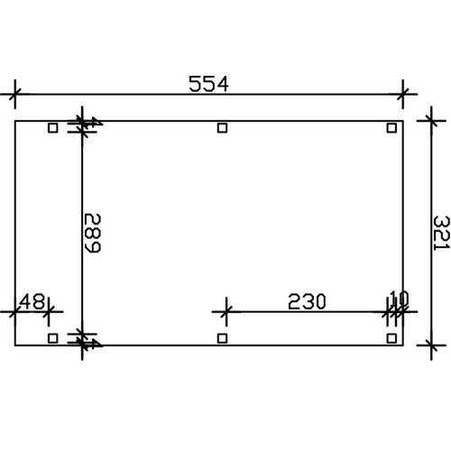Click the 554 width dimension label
pos(208,83)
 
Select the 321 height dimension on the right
pos(441,232)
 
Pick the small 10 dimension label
pos(399,299)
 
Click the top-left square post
pos(53,128)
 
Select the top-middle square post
pos(223,128)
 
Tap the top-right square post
pos(391,128)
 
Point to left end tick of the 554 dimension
pos(14,92)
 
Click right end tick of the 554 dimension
pos(403,92)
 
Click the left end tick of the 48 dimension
pos(14,312)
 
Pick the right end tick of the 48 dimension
pos(49,312)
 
